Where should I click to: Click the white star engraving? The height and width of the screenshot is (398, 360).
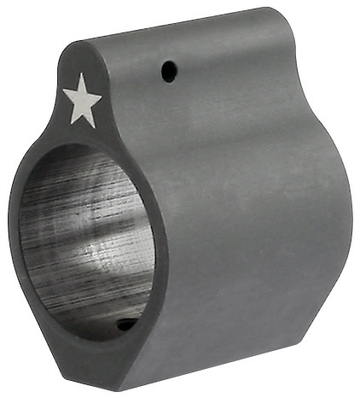83,101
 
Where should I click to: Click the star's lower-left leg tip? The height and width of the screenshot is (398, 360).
71,123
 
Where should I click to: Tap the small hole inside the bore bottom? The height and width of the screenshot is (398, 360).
125,324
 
